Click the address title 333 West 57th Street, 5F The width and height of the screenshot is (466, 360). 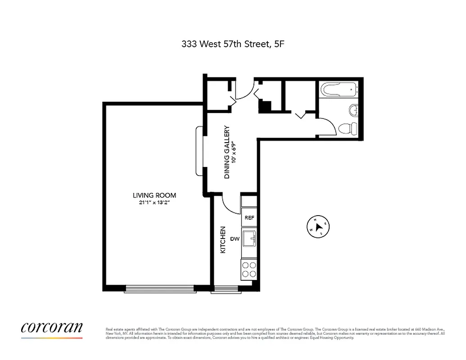[233, 44]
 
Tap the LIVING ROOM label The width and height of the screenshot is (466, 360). [154, 195]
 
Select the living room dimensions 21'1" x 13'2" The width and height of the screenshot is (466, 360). [154, 203]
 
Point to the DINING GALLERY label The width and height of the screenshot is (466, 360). [227, 152]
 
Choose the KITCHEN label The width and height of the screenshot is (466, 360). [222, 239]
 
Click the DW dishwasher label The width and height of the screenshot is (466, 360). [235, 239]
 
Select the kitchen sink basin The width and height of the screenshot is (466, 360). [249, 238]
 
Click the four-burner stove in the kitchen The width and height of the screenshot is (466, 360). [249, 269]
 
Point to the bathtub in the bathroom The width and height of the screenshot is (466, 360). [339, 89]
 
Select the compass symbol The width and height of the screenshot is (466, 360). [319, 226]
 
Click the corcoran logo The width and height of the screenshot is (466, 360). [52, 328]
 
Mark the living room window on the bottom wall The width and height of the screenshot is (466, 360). [159, 288]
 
